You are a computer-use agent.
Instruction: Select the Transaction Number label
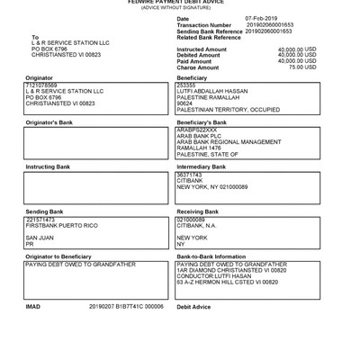204,24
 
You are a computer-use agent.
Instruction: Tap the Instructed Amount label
202,49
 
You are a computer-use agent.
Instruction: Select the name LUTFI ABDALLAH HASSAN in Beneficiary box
212,91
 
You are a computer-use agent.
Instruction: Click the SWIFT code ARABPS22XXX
197,129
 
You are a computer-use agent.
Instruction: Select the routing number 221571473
41,218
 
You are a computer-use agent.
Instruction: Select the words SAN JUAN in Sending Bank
40,236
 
